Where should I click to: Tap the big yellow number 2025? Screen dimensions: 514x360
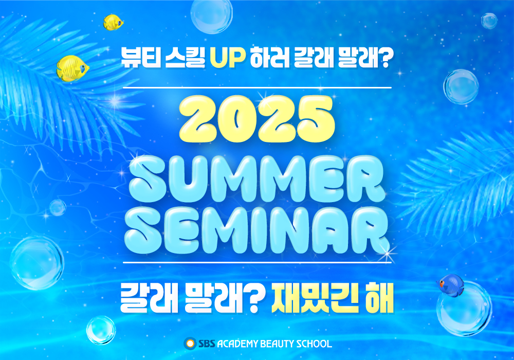(x=258, y=119)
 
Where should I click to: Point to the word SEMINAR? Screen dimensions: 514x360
(x=257, y=230)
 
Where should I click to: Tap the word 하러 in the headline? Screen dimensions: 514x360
(x=269, y=58)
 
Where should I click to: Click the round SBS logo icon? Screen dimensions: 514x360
(x=190, y=343)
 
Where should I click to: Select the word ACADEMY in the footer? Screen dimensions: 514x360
(x=237, y=344)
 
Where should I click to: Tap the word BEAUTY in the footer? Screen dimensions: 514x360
(x=277, y=344)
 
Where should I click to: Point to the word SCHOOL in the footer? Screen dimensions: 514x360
(x=314, y=344)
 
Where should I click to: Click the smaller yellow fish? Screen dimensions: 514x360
(x=113, y=22)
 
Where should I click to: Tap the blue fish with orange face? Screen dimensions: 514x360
(x=451, y=284)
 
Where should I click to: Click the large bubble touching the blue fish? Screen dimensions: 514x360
(x=464, y=309)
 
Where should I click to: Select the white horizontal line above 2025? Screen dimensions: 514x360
(x=258, y=88)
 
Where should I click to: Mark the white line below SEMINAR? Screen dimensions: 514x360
(x=258, y=263)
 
